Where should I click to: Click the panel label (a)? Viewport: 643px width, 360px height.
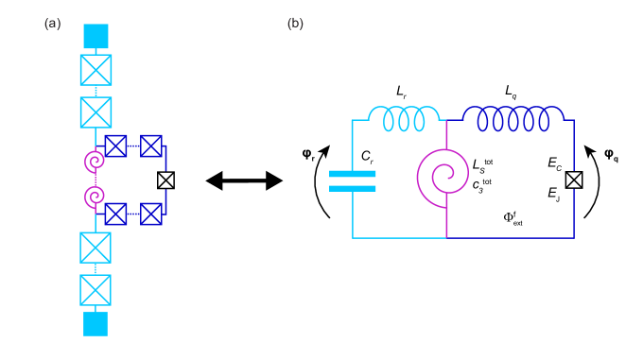[x=52, y=24]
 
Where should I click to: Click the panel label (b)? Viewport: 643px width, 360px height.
[x=295, y=24]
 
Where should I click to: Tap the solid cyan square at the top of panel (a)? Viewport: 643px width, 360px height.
[x=96, y=36]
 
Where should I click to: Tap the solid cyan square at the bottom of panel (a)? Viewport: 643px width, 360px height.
[x=96, y=324]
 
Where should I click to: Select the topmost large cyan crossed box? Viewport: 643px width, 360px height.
[x=96, y=70]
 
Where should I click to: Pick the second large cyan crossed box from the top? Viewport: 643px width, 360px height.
[x=96, y=112]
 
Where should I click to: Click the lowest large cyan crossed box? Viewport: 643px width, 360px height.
[x=96, y=290]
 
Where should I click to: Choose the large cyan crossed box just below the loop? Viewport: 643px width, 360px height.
[x=96, y=248]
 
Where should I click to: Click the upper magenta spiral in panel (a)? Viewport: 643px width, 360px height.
[x=94, y=162]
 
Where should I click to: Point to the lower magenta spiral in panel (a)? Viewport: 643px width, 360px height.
[x=94, y=197]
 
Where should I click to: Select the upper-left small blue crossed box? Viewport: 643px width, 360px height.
[x=115, y=146]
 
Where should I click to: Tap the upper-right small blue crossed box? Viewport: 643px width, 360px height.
[x=151, y=146]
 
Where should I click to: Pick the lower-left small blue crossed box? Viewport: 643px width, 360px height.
[x=115, y=214]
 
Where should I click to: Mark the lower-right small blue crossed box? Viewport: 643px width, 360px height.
[x=151, y=214]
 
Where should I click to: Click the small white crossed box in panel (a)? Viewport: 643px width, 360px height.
[x=165, y=180]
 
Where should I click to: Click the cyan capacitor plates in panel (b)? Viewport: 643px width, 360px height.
[x=353, y=180]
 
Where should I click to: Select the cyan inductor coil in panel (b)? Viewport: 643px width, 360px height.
[x=404, y=119]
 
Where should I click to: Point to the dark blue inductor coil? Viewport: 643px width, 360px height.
[x=513, y=119]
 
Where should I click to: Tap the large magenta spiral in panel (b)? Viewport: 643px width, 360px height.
[x=443, y=177]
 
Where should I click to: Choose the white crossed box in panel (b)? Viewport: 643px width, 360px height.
[x=574, y=180]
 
